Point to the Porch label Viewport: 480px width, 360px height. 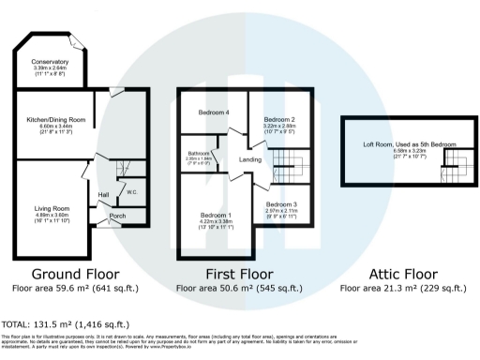118,215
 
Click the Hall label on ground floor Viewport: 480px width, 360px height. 106,195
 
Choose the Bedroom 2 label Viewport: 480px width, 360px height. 279,120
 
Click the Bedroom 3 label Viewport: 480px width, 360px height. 280,203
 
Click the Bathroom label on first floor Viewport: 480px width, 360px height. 198,153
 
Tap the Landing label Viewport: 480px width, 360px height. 250,160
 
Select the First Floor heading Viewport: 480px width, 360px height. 247,274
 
